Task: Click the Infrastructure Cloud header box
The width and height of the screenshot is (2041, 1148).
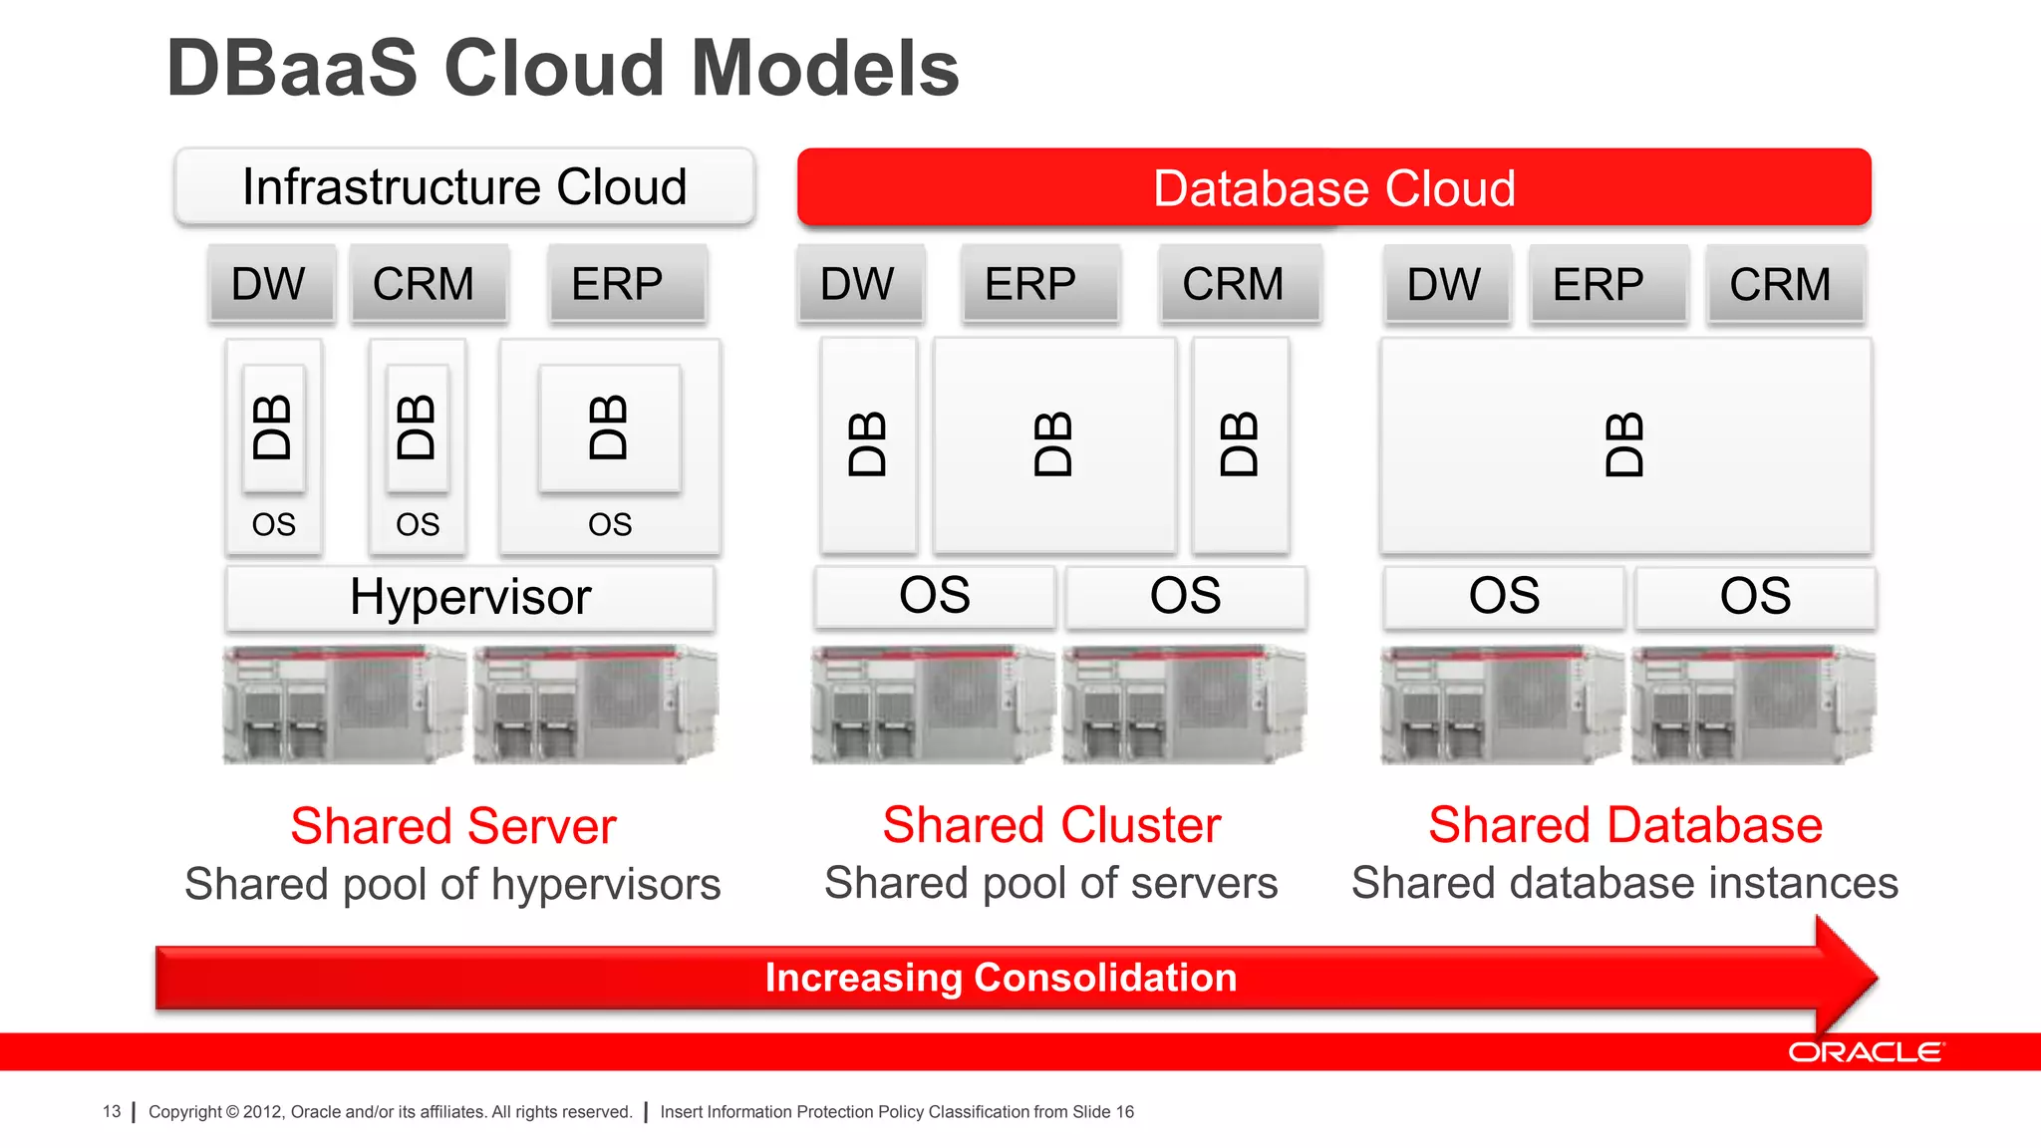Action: pyautogui.click(x=464, y=187)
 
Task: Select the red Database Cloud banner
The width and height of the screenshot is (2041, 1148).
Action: pyautogui.click(x=1333, y=187)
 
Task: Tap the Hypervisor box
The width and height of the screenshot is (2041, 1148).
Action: pyautogui.click(x=469, y=598)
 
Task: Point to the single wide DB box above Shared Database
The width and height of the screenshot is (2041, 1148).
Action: pyautogui.click(x=1624, y=445)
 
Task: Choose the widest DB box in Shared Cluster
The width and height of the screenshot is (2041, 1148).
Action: pyautogui.click(x=1053, y=445)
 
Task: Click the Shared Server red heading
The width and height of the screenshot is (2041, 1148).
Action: pyautogui.click(x=453, y=826)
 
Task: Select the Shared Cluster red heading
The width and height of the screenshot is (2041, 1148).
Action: pyautogui.click(x=1051, y=825)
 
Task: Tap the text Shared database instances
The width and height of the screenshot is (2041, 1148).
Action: pyautogui.click(x=1624, y=883)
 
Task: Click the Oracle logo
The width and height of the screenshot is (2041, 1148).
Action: pyautogui.click(x=1865, y=1052)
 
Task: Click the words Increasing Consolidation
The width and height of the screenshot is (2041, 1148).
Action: pyautogui.click(x=1001, y=978)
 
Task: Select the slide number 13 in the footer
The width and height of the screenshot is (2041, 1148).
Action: pyautogui.click(x=112, y=1111)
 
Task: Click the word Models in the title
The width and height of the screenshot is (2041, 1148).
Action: pyautogui.click(x=825, y=69)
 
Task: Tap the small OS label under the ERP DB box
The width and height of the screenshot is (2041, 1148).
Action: pyautogui.click(x=610, y=524)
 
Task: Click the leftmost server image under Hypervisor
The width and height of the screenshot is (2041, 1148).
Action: pyautogui.click(x=344, y=705)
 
